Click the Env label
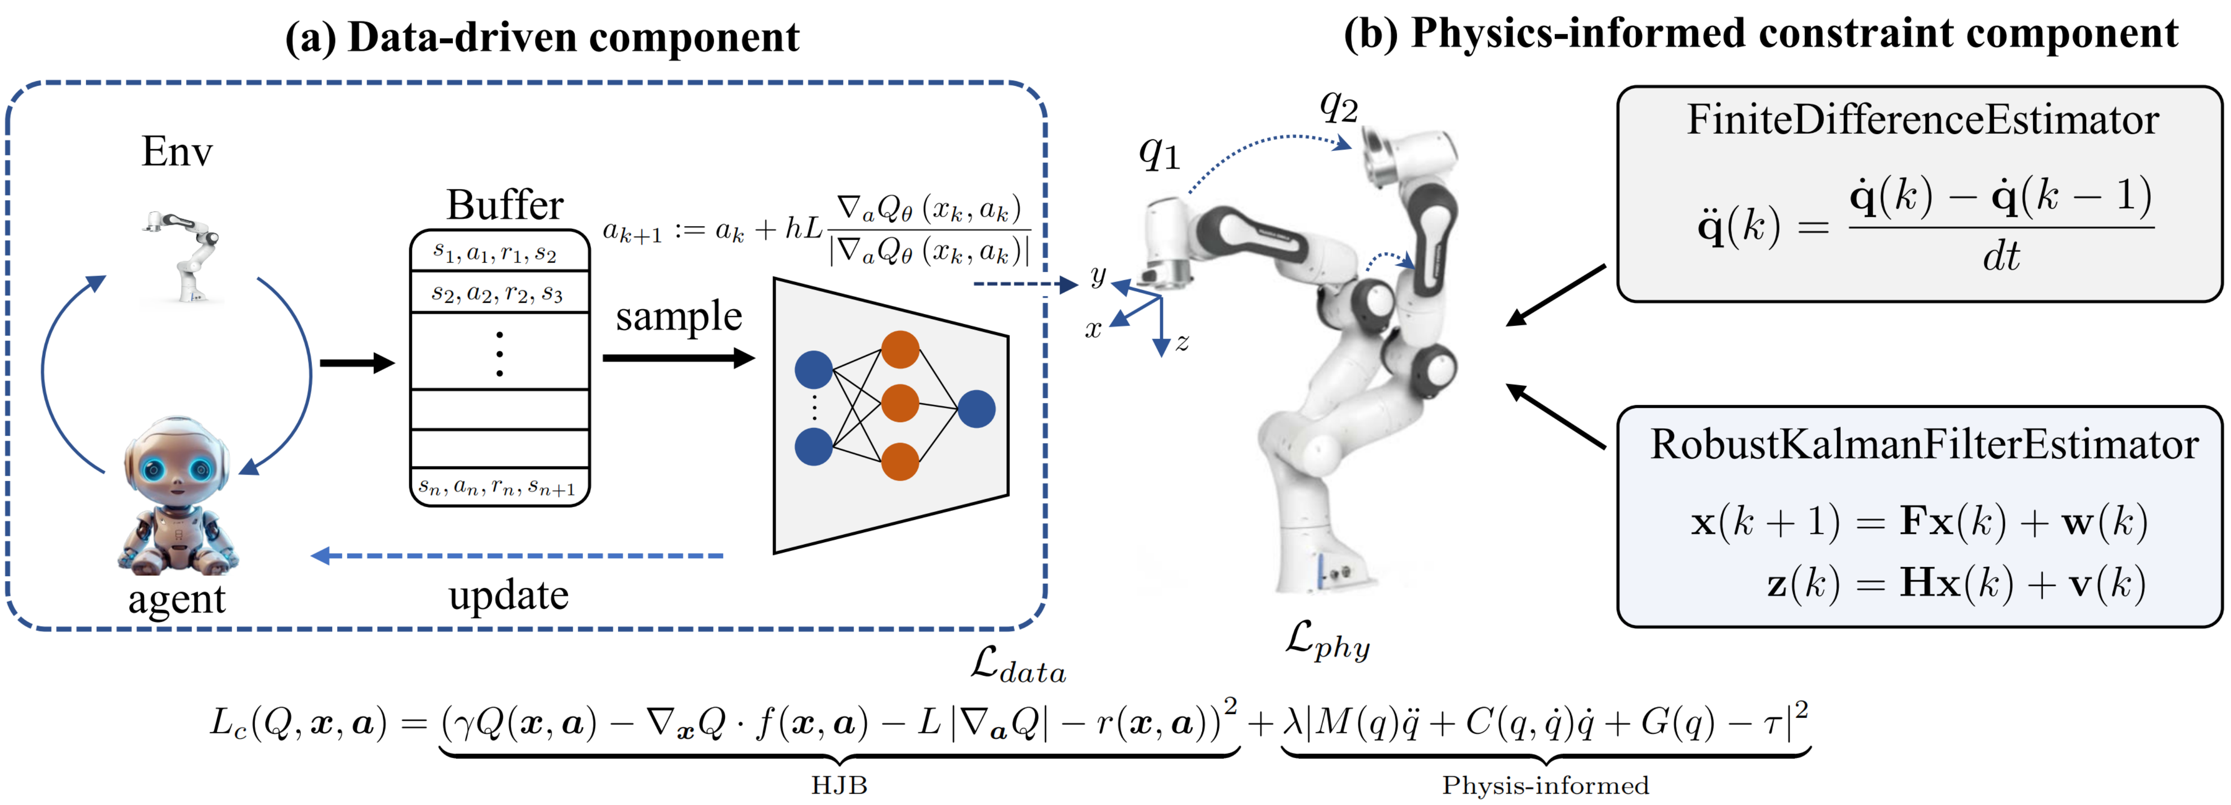point(177,152)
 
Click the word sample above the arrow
point(679,317)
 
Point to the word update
point(508,596)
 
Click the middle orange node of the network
point(900,403)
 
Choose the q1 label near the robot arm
point(1159,154)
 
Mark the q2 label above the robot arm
point(1338,106)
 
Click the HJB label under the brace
point(838,785)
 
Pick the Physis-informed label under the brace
point(1545,785)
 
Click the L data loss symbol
point(1018,666)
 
